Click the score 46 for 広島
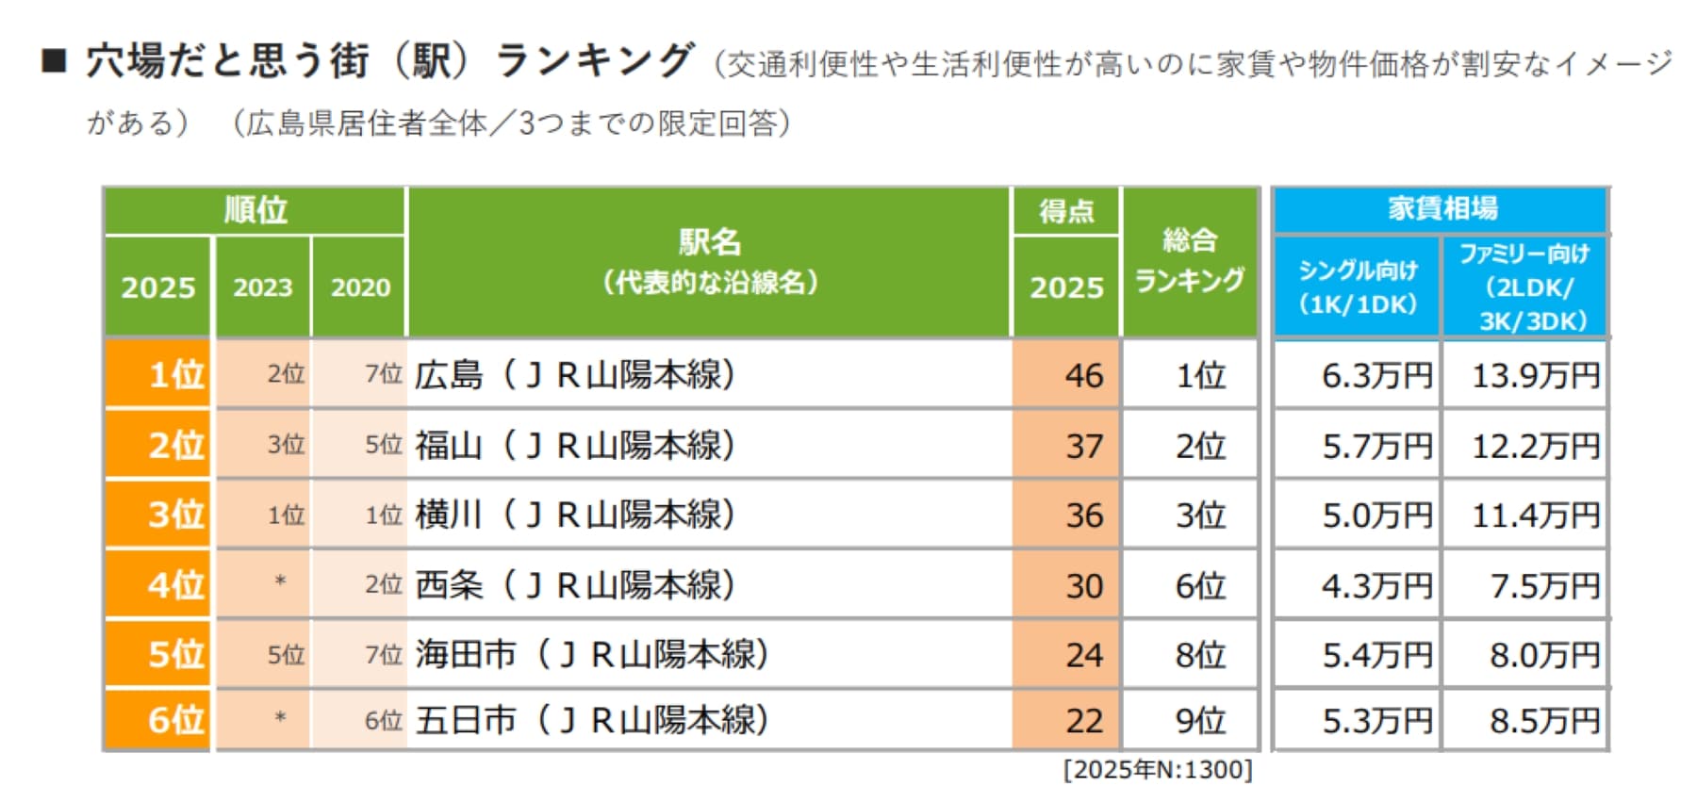pos(1083,375)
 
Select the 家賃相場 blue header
pos(1441,208)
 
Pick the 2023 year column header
pos(262,287)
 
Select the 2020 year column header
pos(360,287)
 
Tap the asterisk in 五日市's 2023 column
pos(280,719)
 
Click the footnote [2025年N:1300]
pos(1157,770)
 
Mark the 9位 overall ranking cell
pos(1199,721)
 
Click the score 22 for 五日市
pos(1083,721)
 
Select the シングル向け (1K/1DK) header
pos(1358,286)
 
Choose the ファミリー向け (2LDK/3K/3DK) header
pos(1524,286)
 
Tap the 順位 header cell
pos(255,209)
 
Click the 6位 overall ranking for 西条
pos(1199,585)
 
